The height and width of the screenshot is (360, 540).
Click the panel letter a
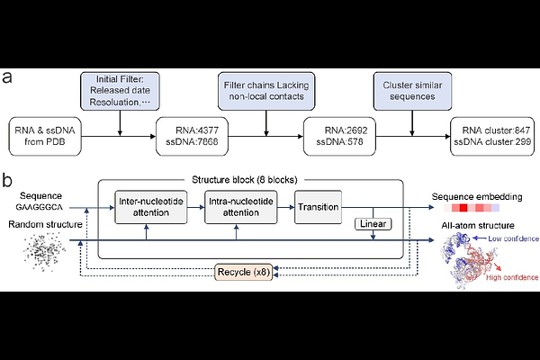(x=6, y=77)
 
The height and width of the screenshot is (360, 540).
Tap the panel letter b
(x=7, y=181)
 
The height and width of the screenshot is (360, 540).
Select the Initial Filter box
(x=120, y=91)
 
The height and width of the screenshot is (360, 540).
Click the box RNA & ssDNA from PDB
(x=45, y=136)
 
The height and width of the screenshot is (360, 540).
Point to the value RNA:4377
(x=197, y=130)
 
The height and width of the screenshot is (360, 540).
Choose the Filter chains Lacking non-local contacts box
(x=266, y=91)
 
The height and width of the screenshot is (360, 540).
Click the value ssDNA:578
(x=339, y=141)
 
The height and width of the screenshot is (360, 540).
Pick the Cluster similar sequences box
(x=412, y=91)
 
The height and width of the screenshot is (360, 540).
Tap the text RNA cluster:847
(x=496, y=130)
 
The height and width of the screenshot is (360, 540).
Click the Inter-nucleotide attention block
(x=151, y=207)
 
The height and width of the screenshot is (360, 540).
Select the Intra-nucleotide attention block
(x=240, y=207)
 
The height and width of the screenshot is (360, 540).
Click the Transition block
(x=319, y=207)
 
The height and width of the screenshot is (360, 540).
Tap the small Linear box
(x=373, y=224)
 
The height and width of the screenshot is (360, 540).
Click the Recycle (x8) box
(x=244, y=272)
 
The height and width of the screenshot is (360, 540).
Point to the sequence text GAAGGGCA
(x=40, y=207)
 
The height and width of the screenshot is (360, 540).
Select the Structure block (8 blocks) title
(x=245, y=180)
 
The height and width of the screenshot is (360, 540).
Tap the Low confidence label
(x=513, y=238)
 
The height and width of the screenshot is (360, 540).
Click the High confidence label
(x=512, y=278)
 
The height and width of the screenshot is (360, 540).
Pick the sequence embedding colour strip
(x=472, y=208)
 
